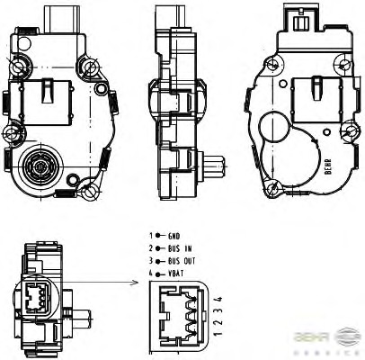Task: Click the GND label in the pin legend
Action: point(174,235)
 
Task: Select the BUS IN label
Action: point(179,247)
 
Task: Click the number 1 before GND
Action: point(151,235)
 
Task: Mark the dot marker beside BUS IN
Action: point(159,247)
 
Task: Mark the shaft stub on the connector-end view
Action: point(80,318)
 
